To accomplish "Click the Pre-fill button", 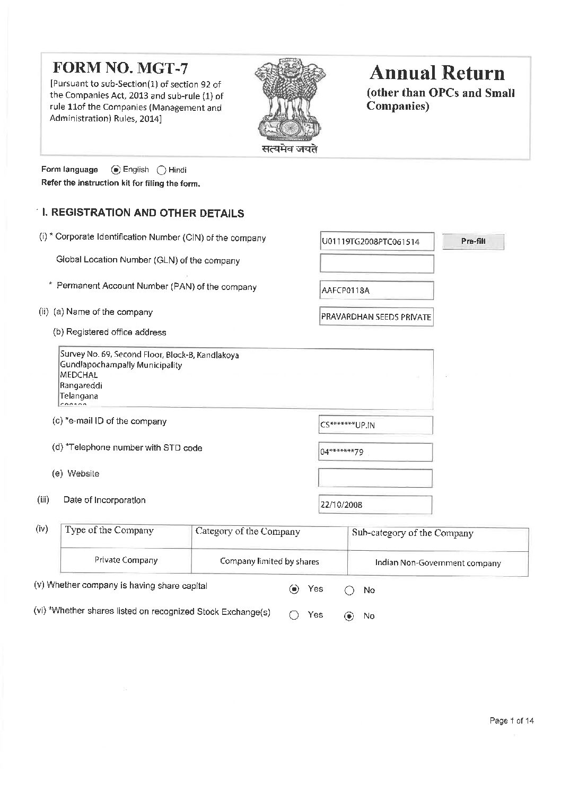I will tap(472, 242).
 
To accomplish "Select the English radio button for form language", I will tap(116, 170).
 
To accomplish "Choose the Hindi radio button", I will tap(161, 170).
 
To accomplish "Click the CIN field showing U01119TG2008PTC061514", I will tap(376, 242).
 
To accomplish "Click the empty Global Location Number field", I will tap(376, 263).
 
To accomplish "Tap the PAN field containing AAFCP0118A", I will tap(376, 290).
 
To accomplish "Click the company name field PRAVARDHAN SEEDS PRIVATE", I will tap(376, 317).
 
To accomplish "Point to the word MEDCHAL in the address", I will tap(79, 375).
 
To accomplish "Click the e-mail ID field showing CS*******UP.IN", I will tap(375, 425).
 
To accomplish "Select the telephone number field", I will tap(375, 452).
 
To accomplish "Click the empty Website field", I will tap(375, 478).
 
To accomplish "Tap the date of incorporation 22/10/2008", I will tap(375, 505).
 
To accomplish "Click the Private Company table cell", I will tap(126, 560).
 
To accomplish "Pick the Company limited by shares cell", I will tap(269, 561).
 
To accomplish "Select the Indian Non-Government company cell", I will tap(437, 563).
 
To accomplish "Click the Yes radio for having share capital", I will tap(294, 589).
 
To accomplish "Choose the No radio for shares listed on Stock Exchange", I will tap(349, 616).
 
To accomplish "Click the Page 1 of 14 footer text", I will tap(512, 720).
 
